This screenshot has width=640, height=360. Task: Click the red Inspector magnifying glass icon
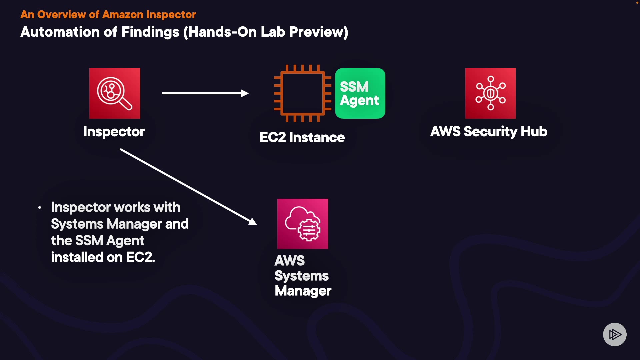pos(115,93)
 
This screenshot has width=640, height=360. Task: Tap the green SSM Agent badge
pos(360,93)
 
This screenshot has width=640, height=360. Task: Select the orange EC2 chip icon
pos(302,93)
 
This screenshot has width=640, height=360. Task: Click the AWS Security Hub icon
pos(490,93)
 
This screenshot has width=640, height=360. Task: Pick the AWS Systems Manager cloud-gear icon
pos(303,224)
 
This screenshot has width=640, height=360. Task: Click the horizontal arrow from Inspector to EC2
pos(205,93)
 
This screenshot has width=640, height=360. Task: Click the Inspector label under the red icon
pos(114,132)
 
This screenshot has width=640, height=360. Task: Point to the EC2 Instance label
pos(302,137)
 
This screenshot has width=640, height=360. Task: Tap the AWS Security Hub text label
pos(489,132)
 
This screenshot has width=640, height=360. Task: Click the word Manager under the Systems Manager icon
pos(303,291)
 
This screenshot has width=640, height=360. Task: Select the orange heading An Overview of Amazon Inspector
pos(108,15)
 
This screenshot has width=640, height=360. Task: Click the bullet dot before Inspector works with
pos(40,208)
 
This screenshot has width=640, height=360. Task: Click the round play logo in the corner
pos(615,334)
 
